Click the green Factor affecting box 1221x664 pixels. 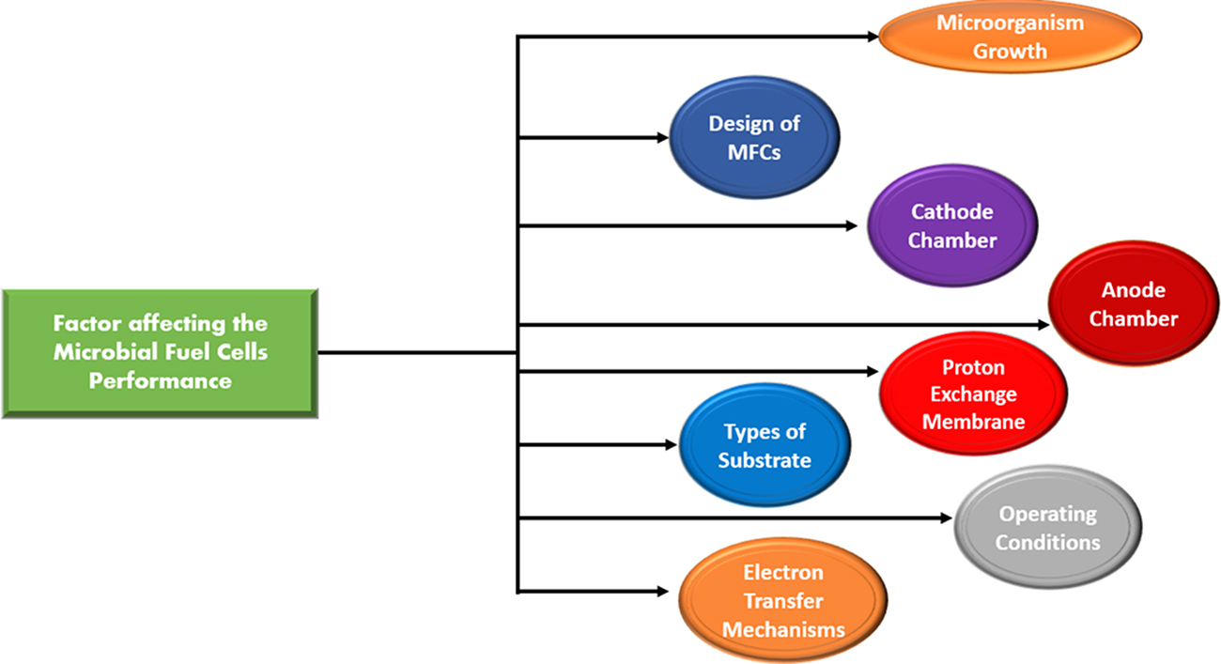[x=160, y=353]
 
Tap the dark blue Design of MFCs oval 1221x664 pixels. [x=754, y=136]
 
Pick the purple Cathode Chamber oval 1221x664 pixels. [x=951, y=226]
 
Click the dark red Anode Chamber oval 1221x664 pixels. [x=1133, y=304]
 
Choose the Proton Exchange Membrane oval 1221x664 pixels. [x=973, y=394]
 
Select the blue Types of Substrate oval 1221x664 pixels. [x=765, y=446]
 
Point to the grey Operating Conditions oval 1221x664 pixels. [x=1047, y=528]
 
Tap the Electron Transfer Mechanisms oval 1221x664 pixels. [x=782, y=601]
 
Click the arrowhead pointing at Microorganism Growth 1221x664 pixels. [x=871, y=37]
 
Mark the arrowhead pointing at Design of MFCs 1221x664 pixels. [x=661, y=137]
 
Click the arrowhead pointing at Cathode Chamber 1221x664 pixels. [x=851, y=225]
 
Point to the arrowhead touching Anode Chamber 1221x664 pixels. [x=1044, y=324]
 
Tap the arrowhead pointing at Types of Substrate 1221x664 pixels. [x=671, y=443]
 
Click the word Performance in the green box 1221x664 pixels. [x=160, y=381]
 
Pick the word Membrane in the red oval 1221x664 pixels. [x=973, y=422]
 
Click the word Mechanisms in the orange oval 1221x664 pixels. [x=783, y=628]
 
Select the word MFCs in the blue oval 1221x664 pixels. [x=754, y=151]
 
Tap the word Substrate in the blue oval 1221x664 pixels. [x=765, y=460]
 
